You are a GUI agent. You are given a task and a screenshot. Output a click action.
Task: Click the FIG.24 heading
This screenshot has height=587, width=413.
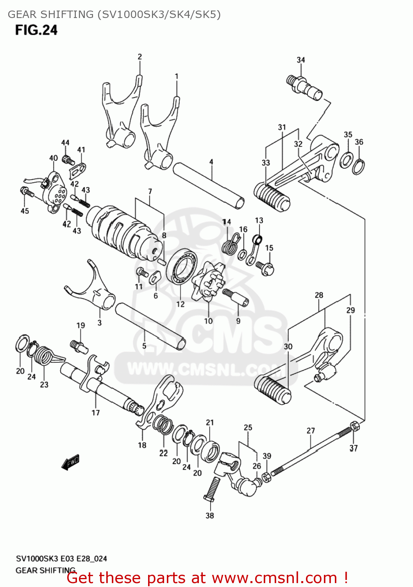point(36,30)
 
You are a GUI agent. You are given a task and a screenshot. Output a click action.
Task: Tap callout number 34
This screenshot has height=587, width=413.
point(300,60)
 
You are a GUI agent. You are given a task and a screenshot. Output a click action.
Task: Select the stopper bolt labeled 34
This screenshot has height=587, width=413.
point(305,88)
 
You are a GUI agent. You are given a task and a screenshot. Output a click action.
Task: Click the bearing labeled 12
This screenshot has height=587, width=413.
point(181,267)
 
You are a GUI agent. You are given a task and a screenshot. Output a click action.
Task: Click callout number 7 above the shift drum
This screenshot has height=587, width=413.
point(150,191)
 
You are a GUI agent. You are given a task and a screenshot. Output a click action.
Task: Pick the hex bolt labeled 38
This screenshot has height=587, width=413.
point(211,488)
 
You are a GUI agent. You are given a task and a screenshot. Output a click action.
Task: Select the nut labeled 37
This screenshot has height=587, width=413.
point(354,426)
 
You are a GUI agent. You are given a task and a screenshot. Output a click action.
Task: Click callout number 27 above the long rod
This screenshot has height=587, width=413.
point(311,430)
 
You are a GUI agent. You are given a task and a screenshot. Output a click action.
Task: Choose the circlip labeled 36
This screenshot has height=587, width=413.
point(359,166)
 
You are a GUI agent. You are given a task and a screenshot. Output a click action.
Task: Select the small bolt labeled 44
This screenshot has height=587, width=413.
point(68,160)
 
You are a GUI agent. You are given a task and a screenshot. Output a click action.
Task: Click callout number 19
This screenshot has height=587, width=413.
point(80,325)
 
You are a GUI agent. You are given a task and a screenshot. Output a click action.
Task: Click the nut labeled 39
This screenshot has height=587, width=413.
point(266,477)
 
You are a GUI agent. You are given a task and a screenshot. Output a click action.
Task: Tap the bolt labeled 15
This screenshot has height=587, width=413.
point(266,267)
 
